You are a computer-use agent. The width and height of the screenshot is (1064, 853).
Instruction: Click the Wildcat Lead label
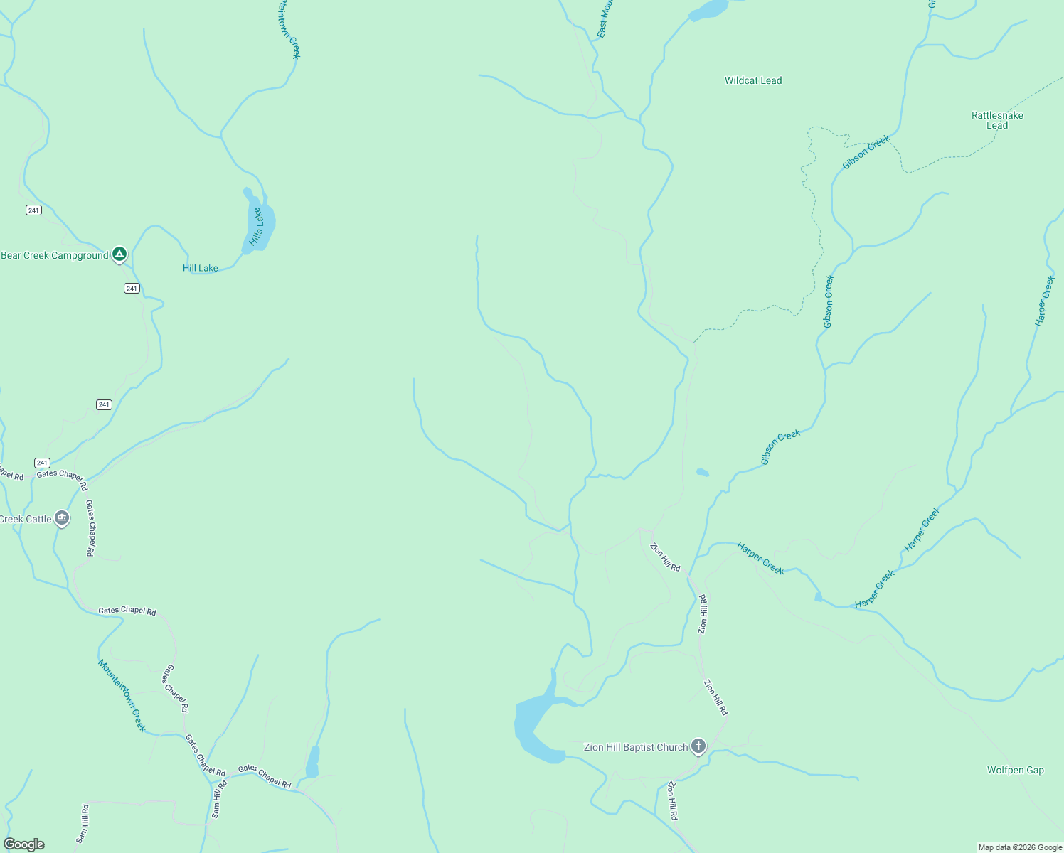coord(753,81)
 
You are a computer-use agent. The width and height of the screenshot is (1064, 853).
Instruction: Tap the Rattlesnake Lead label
coord(997,120)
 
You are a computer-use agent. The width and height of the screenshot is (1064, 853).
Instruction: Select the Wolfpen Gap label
coord(1015,770)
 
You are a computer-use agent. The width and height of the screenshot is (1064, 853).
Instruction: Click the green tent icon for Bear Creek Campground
coord(119,254)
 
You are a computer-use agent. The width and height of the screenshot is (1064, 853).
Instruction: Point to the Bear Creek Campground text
coord(55,256)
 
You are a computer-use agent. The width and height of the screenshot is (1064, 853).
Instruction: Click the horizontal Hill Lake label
coord(201,268)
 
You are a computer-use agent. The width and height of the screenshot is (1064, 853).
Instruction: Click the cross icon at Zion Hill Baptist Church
coord(698,746)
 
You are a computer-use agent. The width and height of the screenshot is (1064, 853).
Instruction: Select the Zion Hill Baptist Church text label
coord(636,747)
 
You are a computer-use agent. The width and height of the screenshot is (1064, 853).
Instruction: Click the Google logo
coord(24,844)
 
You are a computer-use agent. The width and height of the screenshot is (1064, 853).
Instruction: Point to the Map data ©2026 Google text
coord(1020,847)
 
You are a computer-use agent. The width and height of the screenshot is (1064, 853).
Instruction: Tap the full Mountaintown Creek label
coord(122,696)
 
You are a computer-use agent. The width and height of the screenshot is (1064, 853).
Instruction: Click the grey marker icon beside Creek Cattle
coord(62,518)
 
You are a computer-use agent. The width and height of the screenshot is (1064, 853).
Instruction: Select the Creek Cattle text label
coord(26,520)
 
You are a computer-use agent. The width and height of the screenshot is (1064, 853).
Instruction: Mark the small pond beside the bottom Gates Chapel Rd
coord(312,762)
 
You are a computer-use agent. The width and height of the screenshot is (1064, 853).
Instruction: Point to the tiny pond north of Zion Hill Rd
coord(703,472)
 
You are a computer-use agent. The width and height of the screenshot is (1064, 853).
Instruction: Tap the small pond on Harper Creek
coord(818,597)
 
